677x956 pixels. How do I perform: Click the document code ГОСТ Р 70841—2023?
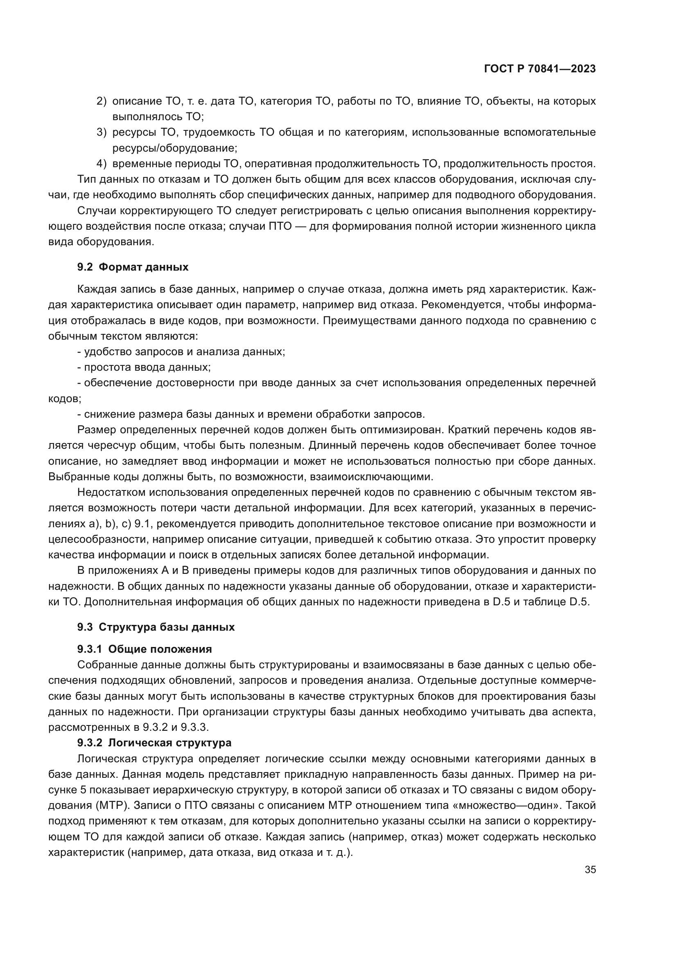(x=540, y=69)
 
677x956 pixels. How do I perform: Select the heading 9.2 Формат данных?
(x=133, y=267)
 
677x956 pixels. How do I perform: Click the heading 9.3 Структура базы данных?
(x=156, y=627)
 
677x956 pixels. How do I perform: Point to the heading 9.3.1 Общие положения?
(x=144, y=649)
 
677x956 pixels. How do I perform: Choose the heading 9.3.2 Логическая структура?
(x=154, y=743)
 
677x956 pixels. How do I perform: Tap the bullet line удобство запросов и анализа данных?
(x=181, y=352)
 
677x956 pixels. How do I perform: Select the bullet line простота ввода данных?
(x=144, y=367)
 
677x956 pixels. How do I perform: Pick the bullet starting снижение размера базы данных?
(x=251, y=414)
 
